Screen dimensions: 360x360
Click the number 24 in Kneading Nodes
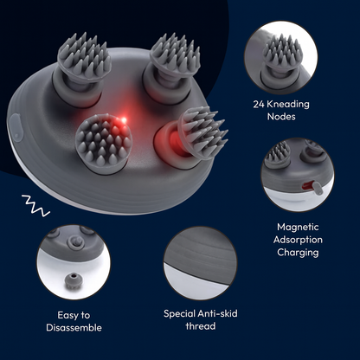pos(259,104)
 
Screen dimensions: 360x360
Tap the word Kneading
pos(287,105)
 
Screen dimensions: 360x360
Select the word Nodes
pos(281,117)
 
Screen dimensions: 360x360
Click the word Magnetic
pos(298,227)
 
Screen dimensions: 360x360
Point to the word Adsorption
pos(298,240)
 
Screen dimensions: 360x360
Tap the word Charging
pos(298,253)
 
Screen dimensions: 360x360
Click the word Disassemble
pos(74,328)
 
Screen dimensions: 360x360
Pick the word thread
pos(201,326)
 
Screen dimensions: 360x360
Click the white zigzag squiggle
pos(35,205)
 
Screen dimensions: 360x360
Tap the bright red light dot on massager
pos(124,119)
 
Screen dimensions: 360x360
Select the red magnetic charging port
pos(307,185)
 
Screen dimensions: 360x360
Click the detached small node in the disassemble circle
pos(74,281)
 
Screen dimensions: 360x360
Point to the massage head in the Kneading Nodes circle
pos(282,61)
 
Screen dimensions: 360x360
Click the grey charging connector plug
pos(317,188)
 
